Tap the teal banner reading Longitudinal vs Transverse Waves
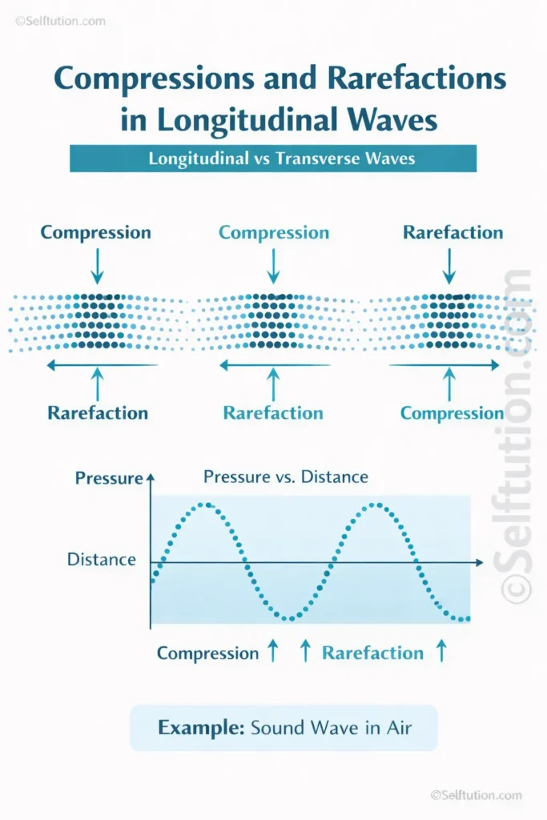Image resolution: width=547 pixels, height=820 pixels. pos(273,159)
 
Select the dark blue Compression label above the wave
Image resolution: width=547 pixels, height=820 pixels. pos(96,233)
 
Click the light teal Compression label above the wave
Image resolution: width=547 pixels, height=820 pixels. pos(274,233)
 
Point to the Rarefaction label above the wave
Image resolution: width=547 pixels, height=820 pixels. pos(452,233)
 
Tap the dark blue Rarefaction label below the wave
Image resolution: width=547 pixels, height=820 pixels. pos(98,413)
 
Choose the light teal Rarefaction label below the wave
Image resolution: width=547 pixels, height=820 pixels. pos(273,413)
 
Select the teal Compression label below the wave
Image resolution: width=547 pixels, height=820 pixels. pos(452,413)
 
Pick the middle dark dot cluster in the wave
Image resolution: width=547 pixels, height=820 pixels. pos(273,320)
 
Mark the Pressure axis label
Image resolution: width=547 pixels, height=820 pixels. pos(108,479)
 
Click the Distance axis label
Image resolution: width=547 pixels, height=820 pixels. pos(102,559)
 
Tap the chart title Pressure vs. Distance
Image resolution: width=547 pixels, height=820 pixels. pos(286,477)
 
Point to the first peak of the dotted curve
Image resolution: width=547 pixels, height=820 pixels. pos(207,504)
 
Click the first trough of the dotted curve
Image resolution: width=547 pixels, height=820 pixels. pos(290,617)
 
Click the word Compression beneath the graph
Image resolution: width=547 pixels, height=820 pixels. pos(207,653)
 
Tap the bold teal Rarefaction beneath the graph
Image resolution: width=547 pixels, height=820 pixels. pos(372,653)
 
